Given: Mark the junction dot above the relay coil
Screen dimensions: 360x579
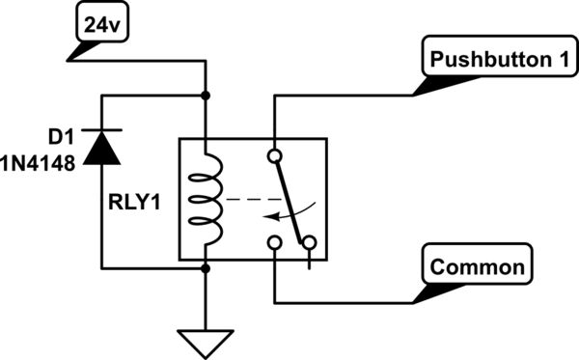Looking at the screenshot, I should pos(206,96).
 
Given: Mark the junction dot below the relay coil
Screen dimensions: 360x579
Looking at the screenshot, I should pos(206,268).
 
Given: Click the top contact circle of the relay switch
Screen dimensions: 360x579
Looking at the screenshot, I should pos(275,154).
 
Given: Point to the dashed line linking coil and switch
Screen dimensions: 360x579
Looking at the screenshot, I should pos(246,201).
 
